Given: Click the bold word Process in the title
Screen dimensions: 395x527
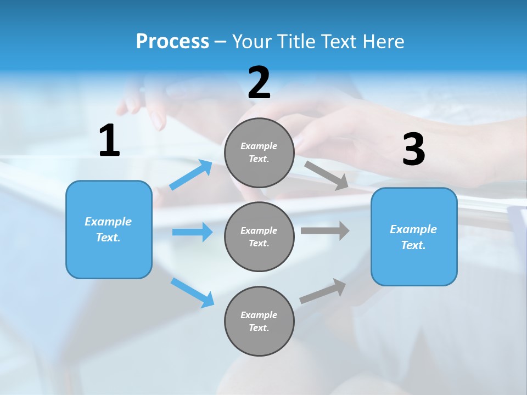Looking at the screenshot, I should click(172, 41).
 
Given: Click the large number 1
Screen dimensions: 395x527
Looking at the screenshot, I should click(109, 141).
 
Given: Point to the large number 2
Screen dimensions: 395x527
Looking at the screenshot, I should click(259, 83).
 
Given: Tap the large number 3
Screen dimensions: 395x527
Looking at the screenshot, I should click(413, 150).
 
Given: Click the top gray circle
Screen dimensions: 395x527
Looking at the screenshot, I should click(259, 153).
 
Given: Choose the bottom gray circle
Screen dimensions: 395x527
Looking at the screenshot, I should click(259, 321).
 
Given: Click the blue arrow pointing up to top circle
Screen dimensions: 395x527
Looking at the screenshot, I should click(191, 175).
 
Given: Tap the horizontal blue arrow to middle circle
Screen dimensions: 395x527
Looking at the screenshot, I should click(192, 232).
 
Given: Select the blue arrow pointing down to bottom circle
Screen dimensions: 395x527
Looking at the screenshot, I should click(193, 292).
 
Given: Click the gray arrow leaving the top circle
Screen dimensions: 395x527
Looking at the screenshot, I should click(326, 175).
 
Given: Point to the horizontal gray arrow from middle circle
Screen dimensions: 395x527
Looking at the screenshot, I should click(324, 231).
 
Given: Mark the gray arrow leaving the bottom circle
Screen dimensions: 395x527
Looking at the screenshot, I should click(323, 291).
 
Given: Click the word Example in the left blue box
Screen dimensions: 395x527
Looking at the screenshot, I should click(108, 222).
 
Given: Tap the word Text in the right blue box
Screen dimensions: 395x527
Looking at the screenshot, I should click(413, 245).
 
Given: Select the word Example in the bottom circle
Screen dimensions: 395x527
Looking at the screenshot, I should click(259, 315).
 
